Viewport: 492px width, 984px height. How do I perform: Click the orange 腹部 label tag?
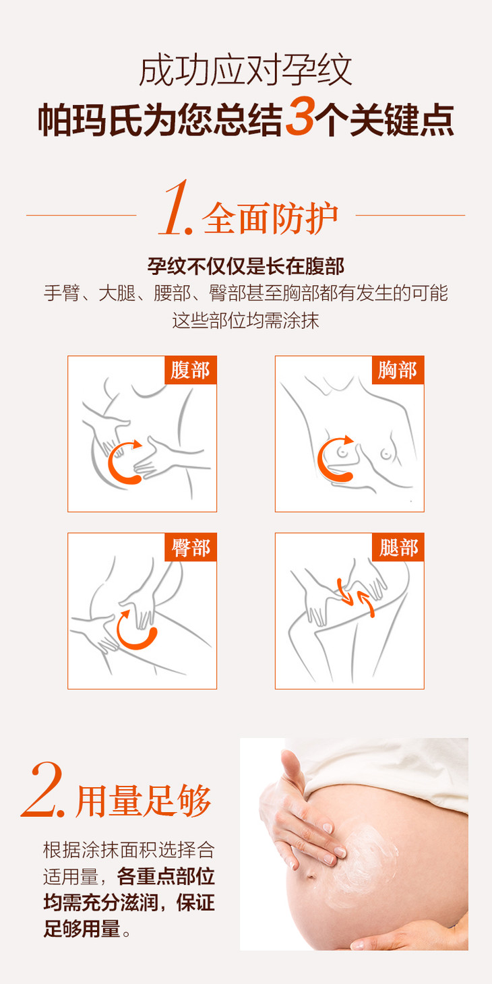tap(191, 370)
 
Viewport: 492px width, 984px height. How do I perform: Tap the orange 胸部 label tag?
tap(398, 370)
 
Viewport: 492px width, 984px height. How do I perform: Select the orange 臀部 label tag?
tap(191, 547)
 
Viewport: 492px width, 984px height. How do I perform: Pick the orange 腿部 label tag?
tap(398, 547)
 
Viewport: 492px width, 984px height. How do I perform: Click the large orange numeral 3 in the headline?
tap(300, 117)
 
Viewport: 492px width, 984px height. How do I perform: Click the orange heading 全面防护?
tap(270, 218)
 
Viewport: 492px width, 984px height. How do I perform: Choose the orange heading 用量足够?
tap(144, 801)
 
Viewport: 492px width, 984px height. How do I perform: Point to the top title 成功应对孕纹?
tap(245, 70)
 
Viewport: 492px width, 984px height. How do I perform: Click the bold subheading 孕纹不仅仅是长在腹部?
tap(245, 266)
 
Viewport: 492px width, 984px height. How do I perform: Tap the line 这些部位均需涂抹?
tap(245, 320)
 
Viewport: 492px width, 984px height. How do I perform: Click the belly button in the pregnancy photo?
tap(311, 875)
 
